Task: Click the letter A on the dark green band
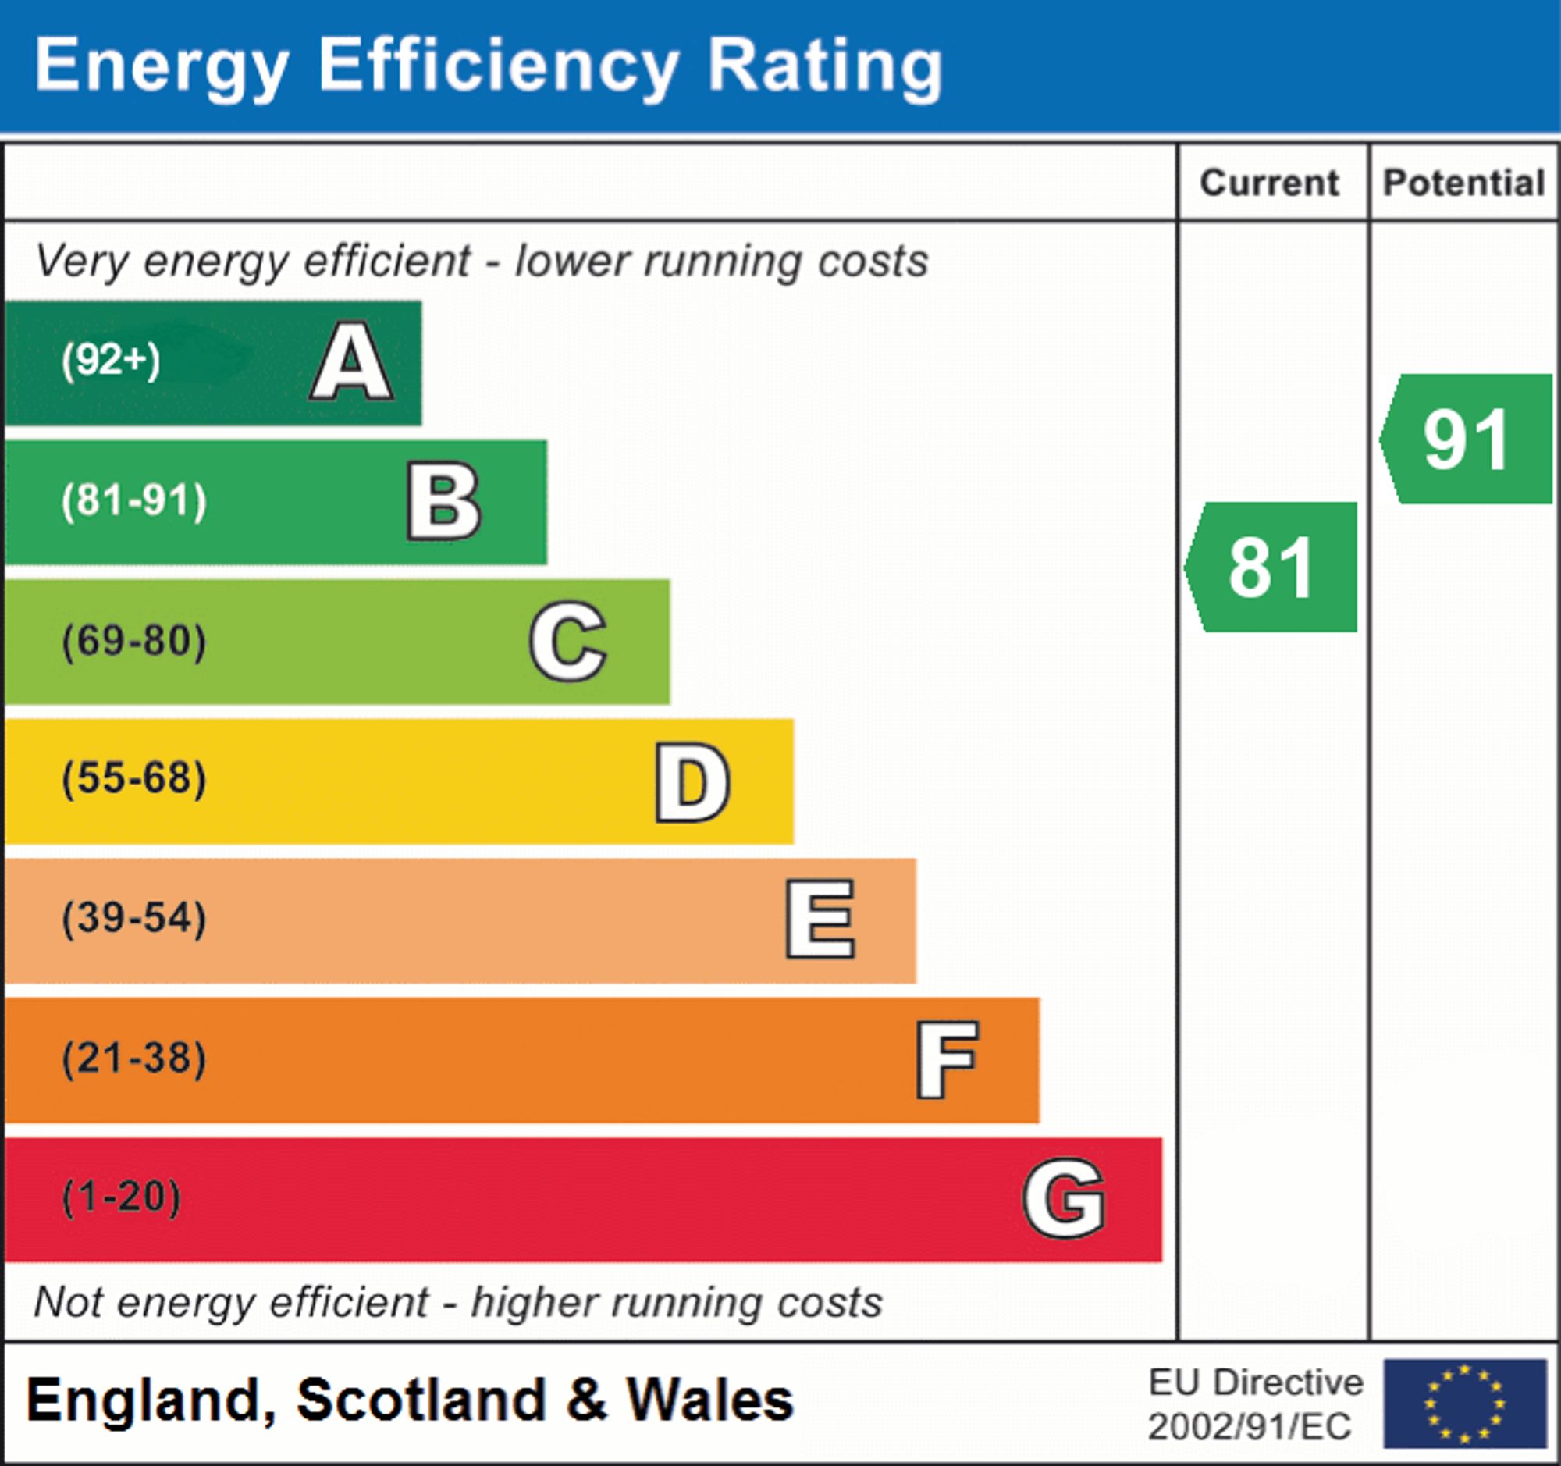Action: click(352, 362)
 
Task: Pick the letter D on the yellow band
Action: click(692, 782)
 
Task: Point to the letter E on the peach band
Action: click(820, 919)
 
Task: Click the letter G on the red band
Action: click(1064, 1198)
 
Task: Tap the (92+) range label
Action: click(111, 361)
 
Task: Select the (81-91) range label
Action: click(134, 501)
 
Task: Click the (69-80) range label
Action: click(134, 641)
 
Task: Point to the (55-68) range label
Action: click(134, 779)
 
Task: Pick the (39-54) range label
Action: click(134, 919)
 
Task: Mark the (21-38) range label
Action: click(134, 1059)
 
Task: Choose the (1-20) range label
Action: click(122, 1198)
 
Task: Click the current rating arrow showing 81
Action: click(1272, 567)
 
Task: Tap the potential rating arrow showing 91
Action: click(1467, 439)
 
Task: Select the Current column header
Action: click(1270, 183)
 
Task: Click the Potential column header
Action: click(1463, 183)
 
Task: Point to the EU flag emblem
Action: click(1464, 1404)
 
